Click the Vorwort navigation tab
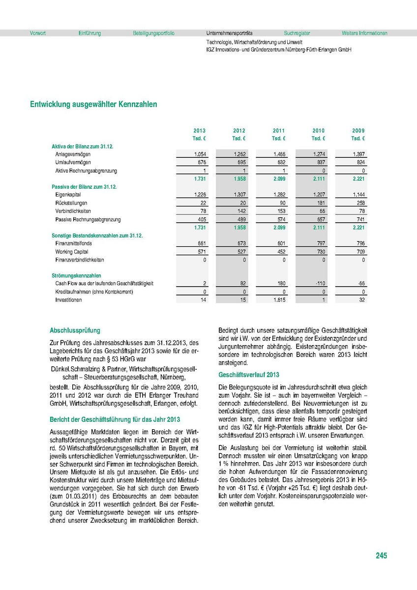click(38, 33)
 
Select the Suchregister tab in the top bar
click(297, 33)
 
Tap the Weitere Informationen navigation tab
click(364, 33)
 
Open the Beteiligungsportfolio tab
click(153, 33)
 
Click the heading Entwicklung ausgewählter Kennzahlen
click(93, 105)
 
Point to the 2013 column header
click(199, 131)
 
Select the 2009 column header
click(358, 131)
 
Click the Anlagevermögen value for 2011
click(279, 154)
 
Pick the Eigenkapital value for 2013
click(199, 195)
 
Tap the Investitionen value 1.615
click(278, 300)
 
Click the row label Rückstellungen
click(71, 203)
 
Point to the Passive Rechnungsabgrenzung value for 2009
click(359, 219)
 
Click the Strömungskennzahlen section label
click(76, 276)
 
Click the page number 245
click(381, 556)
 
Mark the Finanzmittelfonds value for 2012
click(239, 243)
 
